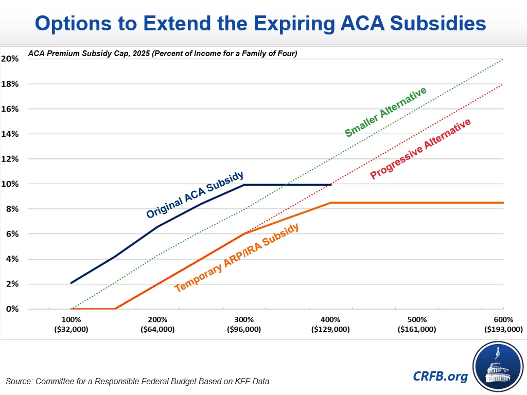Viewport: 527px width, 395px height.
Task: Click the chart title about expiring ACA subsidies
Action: tap(260, 23)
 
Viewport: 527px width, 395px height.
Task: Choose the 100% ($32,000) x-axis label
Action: tap(71, 325)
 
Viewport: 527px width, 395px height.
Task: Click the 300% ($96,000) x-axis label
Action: tap(244, 325)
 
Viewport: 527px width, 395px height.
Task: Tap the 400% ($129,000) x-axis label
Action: tap(330, 325)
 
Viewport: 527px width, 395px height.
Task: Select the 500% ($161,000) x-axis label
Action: tap(417, 325)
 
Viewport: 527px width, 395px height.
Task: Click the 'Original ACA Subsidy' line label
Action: tap(195, 195)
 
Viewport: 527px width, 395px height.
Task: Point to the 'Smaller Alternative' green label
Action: tap(385, 112)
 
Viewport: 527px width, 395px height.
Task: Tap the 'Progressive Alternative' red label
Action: tap(420, 149)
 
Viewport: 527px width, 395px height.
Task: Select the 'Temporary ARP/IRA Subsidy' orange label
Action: tap(237, 258)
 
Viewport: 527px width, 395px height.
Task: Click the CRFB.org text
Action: tap(441, 376)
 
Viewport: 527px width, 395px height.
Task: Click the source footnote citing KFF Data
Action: tap(137, 381)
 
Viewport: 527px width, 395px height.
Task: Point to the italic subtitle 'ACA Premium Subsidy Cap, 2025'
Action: tap(163, 53)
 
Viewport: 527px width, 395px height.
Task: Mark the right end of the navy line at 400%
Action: tap(330, 184)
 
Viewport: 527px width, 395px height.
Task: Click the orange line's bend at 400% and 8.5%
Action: tap(330, 203)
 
